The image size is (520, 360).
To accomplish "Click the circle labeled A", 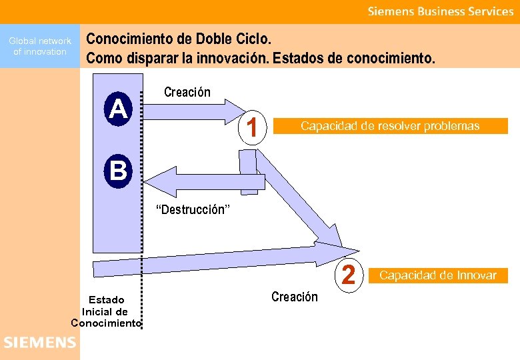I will point(118,109).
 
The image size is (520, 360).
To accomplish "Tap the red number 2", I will point(348,274).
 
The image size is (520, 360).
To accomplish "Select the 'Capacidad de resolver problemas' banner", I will point(390,125).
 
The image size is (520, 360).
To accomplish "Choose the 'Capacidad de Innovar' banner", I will point(438,275).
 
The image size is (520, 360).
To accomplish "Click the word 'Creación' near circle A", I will point(187,93).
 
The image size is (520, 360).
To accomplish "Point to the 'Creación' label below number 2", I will point(295,297).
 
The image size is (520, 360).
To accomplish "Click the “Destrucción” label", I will point(193,210).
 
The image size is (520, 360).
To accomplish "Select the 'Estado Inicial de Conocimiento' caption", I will point(105,311).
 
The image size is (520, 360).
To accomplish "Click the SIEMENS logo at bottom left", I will point(39,343).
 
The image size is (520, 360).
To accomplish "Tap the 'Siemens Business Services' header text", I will point(441,11).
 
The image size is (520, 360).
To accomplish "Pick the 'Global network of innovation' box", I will point(40,46).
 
